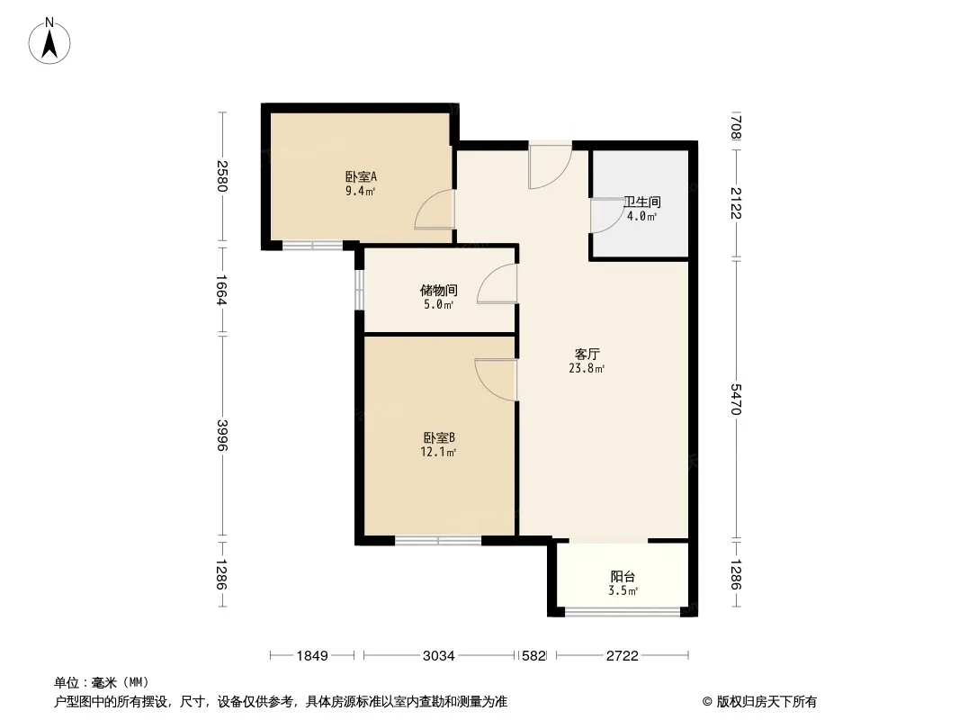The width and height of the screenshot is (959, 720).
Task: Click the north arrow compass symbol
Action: [x=49, y=41]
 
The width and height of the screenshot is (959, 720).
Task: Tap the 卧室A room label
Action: [x=361, y=176]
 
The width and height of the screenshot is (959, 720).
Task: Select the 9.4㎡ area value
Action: [x=360, y=191]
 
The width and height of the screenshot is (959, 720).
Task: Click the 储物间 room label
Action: [x=438, y=290]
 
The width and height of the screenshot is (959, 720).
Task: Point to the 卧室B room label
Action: [x=438, y=438]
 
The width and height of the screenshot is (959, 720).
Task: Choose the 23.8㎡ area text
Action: [x=587, y=368]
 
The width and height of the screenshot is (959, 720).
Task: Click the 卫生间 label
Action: [x=641, y=202]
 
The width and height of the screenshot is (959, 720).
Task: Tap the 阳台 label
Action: [x=623, y=576]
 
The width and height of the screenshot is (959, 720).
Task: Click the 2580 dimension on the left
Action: [x=222, y=176]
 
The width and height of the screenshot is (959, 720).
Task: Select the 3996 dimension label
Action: [x=222, y=436]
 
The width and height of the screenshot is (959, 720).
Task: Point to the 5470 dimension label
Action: [x=736, y=400]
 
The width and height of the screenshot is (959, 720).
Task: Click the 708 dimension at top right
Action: [x=736, y=127]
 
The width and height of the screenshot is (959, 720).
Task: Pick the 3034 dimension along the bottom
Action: [x=438, y=656]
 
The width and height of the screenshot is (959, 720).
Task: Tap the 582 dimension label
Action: [x=533, y=656]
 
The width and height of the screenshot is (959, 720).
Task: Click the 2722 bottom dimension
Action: [x=622, y=656]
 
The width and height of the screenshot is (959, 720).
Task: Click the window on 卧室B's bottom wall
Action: [x=438, y=541]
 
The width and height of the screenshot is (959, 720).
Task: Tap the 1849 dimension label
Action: [x=312, y=656]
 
